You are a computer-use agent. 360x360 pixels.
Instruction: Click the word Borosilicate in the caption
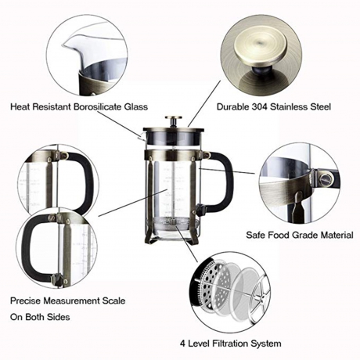(98, 106)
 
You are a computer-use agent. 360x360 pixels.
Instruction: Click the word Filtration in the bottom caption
(231, 344)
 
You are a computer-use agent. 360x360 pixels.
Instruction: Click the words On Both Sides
(40, 317)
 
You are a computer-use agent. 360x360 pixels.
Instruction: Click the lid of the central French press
(173, 129)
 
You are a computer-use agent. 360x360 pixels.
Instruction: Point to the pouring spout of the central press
(141, 135)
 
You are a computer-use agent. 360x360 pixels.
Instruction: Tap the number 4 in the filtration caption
(182, 344)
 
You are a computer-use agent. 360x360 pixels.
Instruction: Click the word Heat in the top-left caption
(19, 106)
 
